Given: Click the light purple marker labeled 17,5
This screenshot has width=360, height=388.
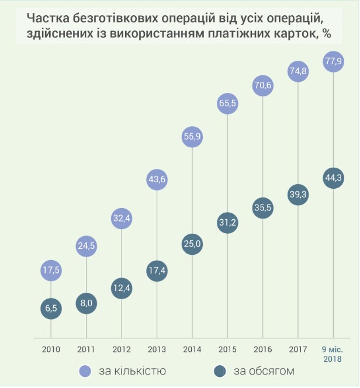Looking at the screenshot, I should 51,270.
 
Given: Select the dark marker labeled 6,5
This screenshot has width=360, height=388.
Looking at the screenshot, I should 51,309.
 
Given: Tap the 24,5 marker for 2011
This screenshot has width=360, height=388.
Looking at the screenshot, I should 86,246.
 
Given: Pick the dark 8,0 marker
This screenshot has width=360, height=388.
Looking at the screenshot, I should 86,303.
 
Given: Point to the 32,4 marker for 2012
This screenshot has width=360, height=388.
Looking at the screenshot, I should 122,219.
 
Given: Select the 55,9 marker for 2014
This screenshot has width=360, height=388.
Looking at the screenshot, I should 192,137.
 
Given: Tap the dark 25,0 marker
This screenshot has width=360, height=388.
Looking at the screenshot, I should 192,243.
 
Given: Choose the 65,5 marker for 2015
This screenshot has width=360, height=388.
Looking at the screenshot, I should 227,103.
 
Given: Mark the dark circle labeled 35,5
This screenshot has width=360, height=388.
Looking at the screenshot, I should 262,209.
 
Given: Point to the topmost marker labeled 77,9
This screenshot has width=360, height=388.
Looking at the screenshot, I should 333,60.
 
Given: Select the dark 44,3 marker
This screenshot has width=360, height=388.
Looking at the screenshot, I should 333,178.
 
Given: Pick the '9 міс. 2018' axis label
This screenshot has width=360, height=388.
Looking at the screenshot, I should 333,354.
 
